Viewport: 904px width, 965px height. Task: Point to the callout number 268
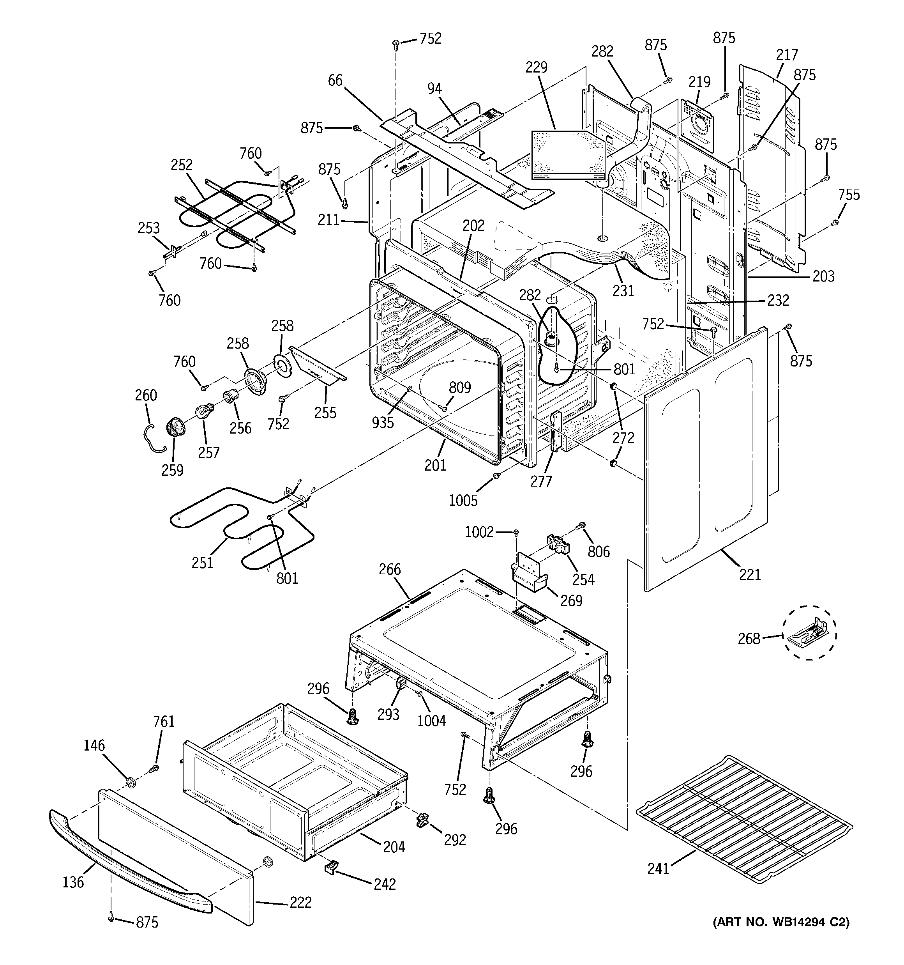[749, 638]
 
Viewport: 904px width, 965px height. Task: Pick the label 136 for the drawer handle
[73, 882]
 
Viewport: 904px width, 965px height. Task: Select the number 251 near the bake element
[202, 563]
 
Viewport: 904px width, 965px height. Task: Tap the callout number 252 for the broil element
[182, 165]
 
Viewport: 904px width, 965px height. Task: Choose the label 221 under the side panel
[750, 575]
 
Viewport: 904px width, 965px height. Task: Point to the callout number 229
[536, 67]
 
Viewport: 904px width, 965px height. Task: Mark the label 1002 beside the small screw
[479, 533]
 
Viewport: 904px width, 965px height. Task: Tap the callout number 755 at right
[849, 195]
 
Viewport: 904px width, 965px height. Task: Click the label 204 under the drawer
[394, 847]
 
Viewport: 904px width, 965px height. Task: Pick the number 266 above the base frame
[390, 569]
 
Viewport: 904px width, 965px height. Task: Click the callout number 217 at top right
[787, 54]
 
